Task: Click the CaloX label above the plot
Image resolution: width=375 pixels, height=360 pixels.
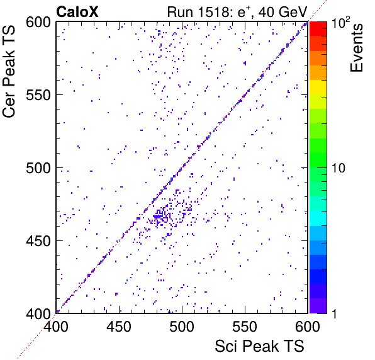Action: tap(77, 12)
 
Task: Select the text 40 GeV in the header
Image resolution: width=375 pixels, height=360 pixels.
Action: tap(283, 12)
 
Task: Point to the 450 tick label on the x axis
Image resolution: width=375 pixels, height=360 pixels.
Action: tap(119, 327)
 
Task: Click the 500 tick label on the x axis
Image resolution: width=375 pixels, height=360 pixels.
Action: tap(182, 327)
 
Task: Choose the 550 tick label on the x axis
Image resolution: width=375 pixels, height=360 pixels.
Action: tap(245, 327)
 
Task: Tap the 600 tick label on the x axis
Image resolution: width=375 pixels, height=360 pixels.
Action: tap(308, 327)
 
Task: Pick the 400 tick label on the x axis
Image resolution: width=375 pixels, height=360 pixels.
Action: tap(56, 327)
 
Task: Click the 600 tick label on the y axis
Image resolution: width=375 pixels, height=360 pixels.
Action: tap(38, 23)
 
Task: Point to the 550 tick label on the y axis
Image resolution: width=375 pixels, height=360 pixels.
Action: tap(38, 96)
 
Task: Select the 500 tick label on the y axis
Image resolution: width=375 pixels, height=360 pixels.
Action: tap(38, 168)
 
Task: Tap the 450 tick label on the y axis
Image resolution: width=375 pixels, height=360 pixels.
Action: tap(38, 241)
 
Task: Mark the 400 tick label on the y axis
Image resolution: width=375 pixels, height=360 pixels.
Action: tap(38, 313)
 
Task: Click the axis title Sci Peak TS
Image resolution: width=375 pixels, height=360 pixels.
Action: tap(259, 346)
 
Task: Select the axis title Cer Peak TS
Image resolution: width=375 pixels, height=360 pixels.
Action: tap(9, 71)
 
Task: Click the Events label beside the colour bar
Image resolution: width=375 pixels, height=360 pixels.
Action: tap(356, 48)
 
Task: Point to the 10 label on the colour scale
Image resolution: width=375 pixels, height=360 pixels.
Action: tap(339, 168)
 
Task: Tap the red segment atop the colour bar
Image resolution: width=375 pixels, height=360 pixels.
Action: tap(318, 29)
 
